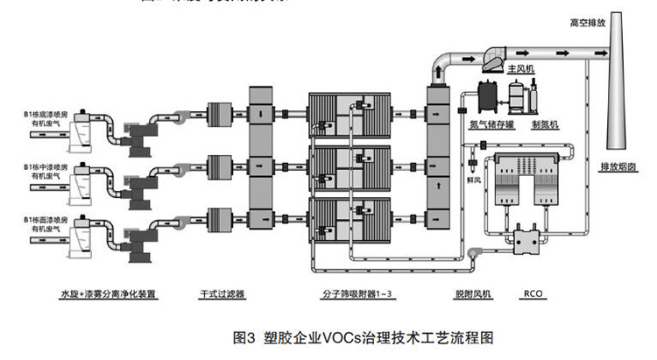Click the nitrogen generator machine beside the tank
point(532,96)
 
